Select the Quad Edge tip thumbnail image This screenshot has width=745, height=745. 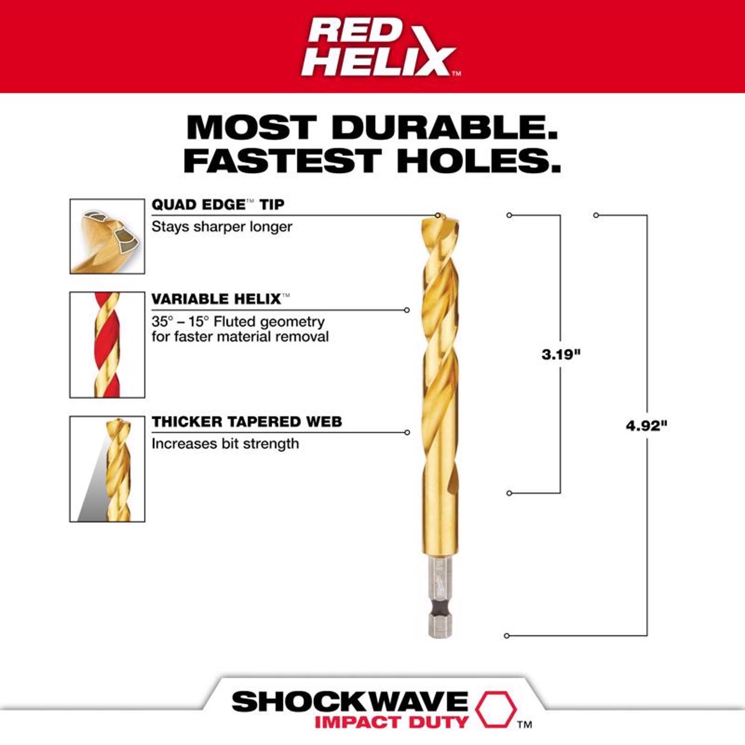point(107,236)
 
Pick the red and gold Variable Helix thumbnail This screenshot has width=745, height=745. point(107,345)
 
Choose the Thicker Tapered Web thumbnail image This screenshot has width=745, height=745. point(107,469)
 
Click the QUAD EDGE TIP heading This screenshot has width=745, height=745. point(218,205)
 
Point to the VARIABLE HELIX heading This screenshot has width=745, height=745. point(217,299)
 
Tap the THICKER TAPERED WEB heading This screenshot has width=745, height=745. point(247,422)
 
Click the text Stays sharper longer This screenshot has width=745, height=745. point(222,227)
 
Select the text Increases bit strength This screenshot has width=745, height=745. point(225,444)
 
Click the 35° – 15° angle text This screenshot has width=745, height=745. point(180,321)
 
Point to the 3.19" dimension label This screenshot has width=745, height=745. point(561,355)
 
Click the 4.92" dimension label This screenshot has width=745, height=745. point(646,426)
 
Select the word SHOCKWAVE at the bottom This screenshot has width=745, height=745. point(350,701)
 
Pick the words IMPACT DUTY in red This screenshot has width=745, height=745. point(391,722)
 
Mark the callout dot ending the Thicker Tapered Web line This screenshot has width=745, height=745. point(407,433)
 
